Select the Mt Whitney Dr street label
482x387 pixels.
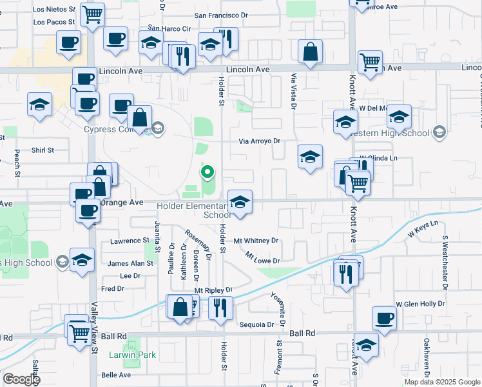click(256, 241)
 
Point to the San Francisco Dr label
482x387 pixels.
click(220, 14)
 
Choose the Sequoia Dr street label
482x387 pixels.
click(260, 324)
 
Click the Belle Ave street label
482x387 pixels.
click(116, 375)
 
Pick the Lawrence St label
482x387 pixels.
click(130, 241)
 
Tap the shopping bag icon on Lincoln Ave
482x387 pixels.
click(311, 53)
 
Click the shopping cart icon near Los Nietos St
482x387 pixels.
click(93, 14)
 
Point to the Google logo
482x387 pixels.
click(21, 379)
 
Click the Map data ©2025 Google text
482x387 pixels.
click(441, 382)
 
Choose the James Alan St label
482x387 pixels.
click(131, 263)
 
